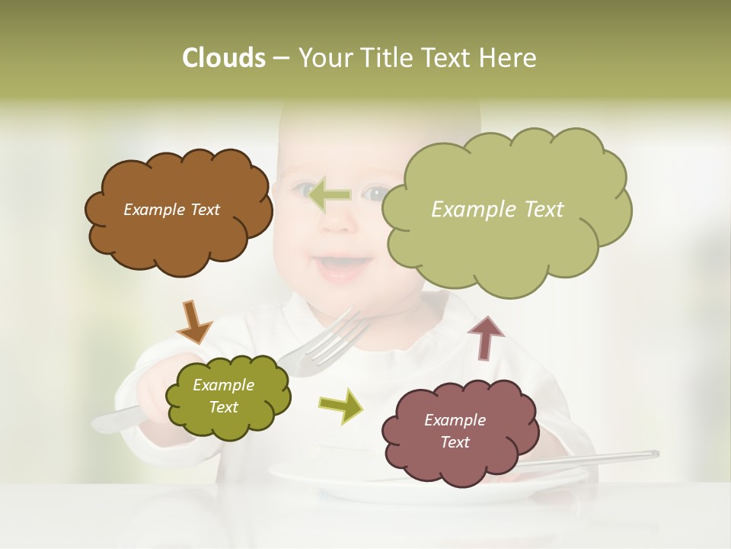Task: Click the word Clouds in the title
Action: [x=222, y=58]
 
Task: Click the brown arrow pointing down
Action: [x=193, y=322]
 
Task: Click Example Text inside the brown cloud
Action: [x=171, y=210]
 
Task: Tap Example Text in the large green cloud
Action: [x=497, y=210]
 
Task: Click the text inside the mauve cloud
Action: [x=455, y=431]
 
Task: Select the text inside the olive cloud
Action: [x=223, y=396]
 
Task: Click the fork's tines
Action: [x=343, y=332]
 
